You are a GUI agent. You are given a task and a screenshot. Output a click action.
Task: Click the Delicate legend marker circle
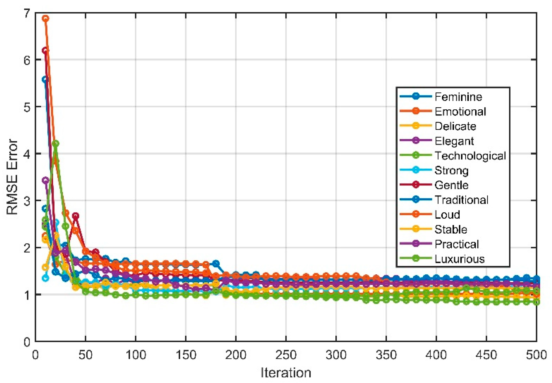coord(416,126)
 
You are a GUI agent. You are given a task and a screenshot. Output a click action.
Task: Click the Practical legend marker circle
coord(416,244)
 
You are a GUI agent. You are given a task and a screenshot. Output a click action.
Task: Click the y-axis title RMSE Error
coord(12,177)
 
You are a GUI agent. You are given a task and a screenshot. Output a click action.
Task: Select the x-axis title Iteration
coord(286,373)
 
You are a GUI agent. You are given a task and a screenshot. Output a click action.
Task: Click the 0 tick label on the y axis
coord(27,342)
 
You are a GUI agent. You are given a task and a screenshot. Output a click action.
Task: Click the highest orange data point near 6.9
coord(46,18)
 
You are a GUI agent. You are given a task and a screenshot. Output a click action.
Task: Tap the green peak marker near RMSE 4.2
coord(55,143)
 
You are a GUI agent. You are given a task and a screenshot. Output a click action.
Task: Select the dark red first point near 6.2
coord(45,50)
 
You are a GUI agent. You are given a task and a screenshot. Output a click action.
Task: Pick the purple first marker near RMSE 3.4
coord(46,180)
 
